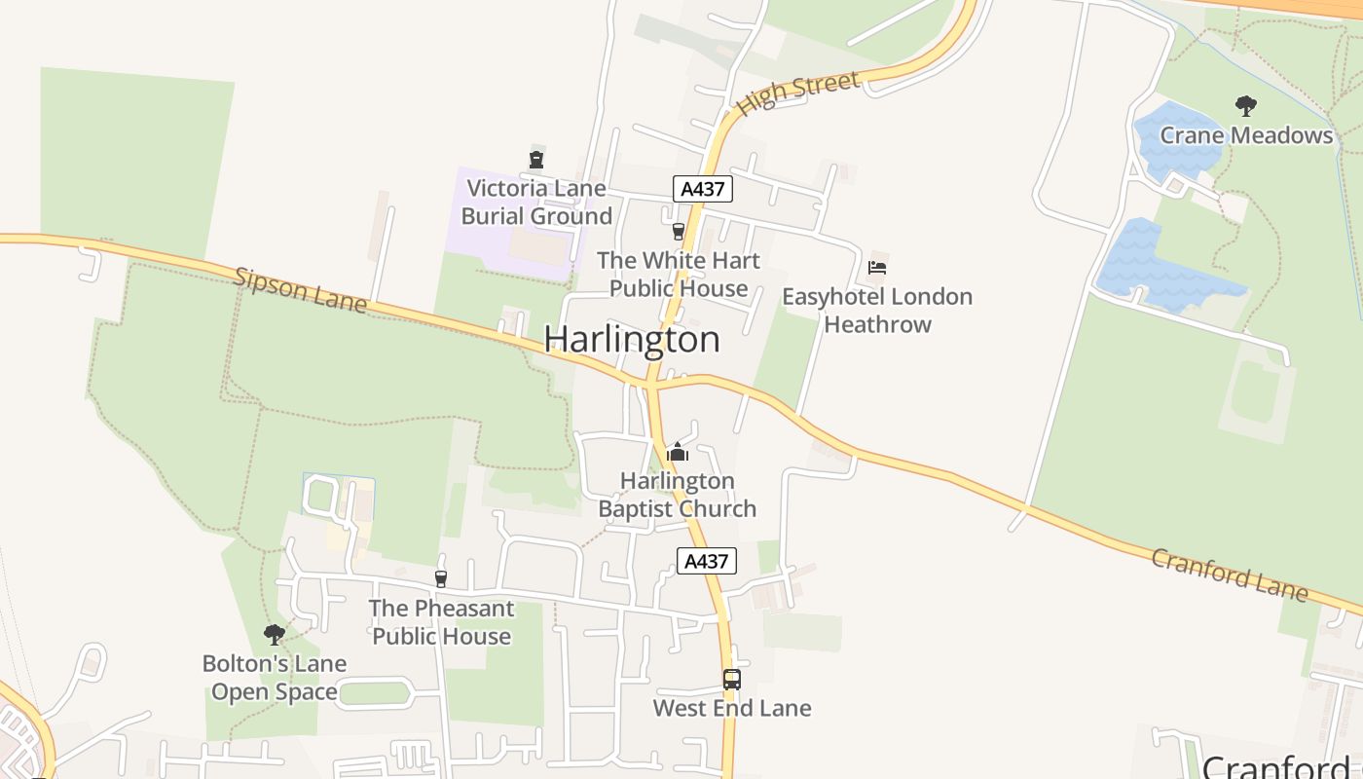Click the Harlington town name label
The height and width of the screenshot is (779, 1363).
click(632, 339)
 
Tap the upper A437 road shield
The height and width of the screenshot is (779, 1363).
click(702, 189)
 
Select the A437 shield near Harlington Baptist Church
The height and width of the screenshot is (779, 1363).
click(706, 561)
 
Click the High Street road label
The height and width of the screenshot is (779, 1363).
click(798, 93)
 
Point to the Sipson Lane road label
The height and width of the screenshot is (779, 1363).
click(301, 290)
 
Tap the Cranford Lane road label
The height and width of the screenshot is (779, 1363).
click(1230, 574)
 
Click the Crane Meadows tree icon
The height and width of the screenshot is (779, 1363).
click(1245, 106)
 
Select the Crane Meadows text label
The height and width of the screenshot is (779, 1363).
click(1246, 135)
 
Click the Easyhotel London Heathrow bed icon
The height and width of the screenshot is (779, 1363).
click(877, 268)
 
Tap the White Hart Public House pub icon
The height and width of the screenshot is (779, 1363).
click(679, 232)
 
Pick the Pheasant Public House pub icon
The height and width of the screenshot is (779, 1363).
click(441, 579)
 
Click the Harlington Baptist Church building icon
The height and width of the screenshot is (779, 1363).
click(678, 452)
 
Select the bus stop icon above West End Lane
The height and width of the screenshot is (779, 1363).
click(731, 680)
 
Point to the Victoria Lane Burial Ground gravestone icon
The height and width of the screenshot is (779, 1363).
click(535, 160)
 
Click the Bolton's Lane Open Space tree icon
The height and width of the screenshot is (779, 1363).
click(275, 635)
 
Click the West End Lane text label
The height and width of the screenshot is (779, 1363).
click(731, 708)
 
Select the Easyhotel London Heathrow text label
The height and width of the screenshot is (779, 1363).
click(877, 311)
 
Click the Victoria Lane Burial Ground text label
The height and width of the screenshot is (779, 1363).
click(536, 203)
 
